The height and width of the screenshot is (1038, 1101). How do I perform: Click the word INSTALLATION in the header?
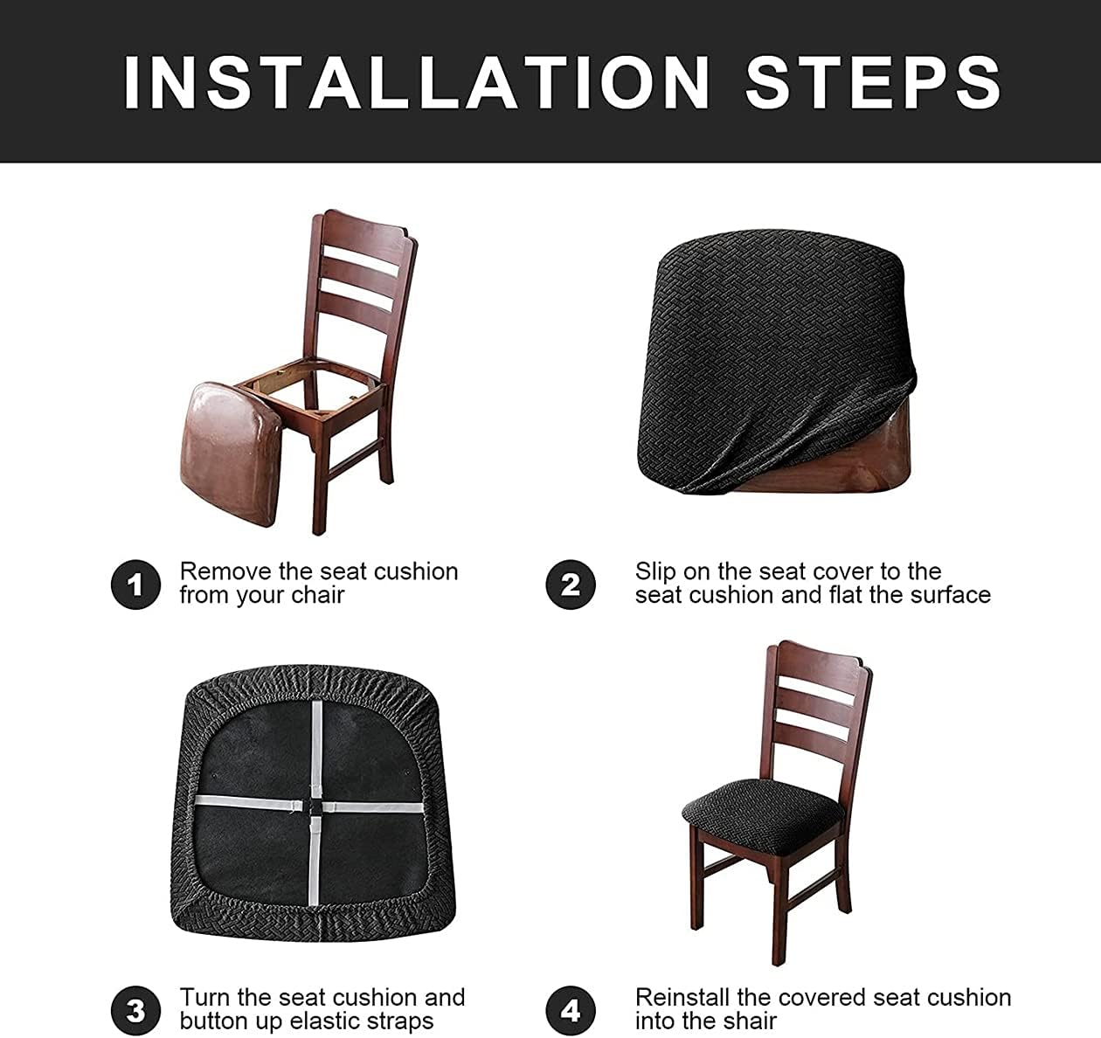(416, 82)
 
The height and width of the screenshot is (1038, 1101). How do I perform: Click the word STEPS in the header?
(873, 82)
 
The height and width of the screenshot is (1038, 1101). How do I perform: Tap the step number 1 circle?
(135, 585)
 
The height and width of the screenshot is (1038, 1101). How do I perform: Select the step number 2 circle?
(570, 585)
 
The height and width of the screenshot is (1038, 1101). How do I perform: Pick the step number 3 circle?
(135, 1010)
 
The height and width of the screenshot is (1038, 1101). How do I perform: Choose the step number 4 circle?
(570, 1010)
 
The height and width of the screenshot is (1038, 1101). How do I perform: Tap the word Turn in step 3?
(204, 998)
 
